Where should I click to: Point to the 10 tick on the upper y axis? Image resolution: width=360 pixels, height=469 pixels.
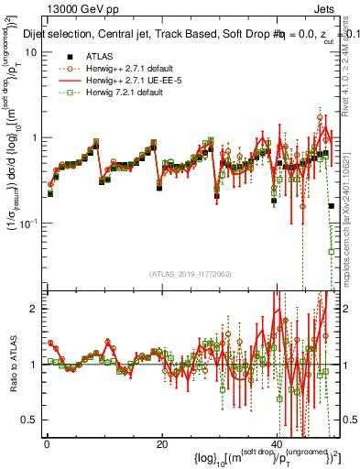click(29, 52)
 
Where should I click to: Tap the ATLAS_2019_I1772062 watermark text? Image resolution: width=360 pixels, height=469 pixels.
click(191, 274)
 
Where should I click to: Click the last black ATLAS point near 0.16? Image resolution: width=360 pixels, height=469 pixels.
click(332, 206)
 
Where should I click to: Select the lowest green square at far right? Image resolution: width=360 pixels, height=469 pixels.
click(332, 251)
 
